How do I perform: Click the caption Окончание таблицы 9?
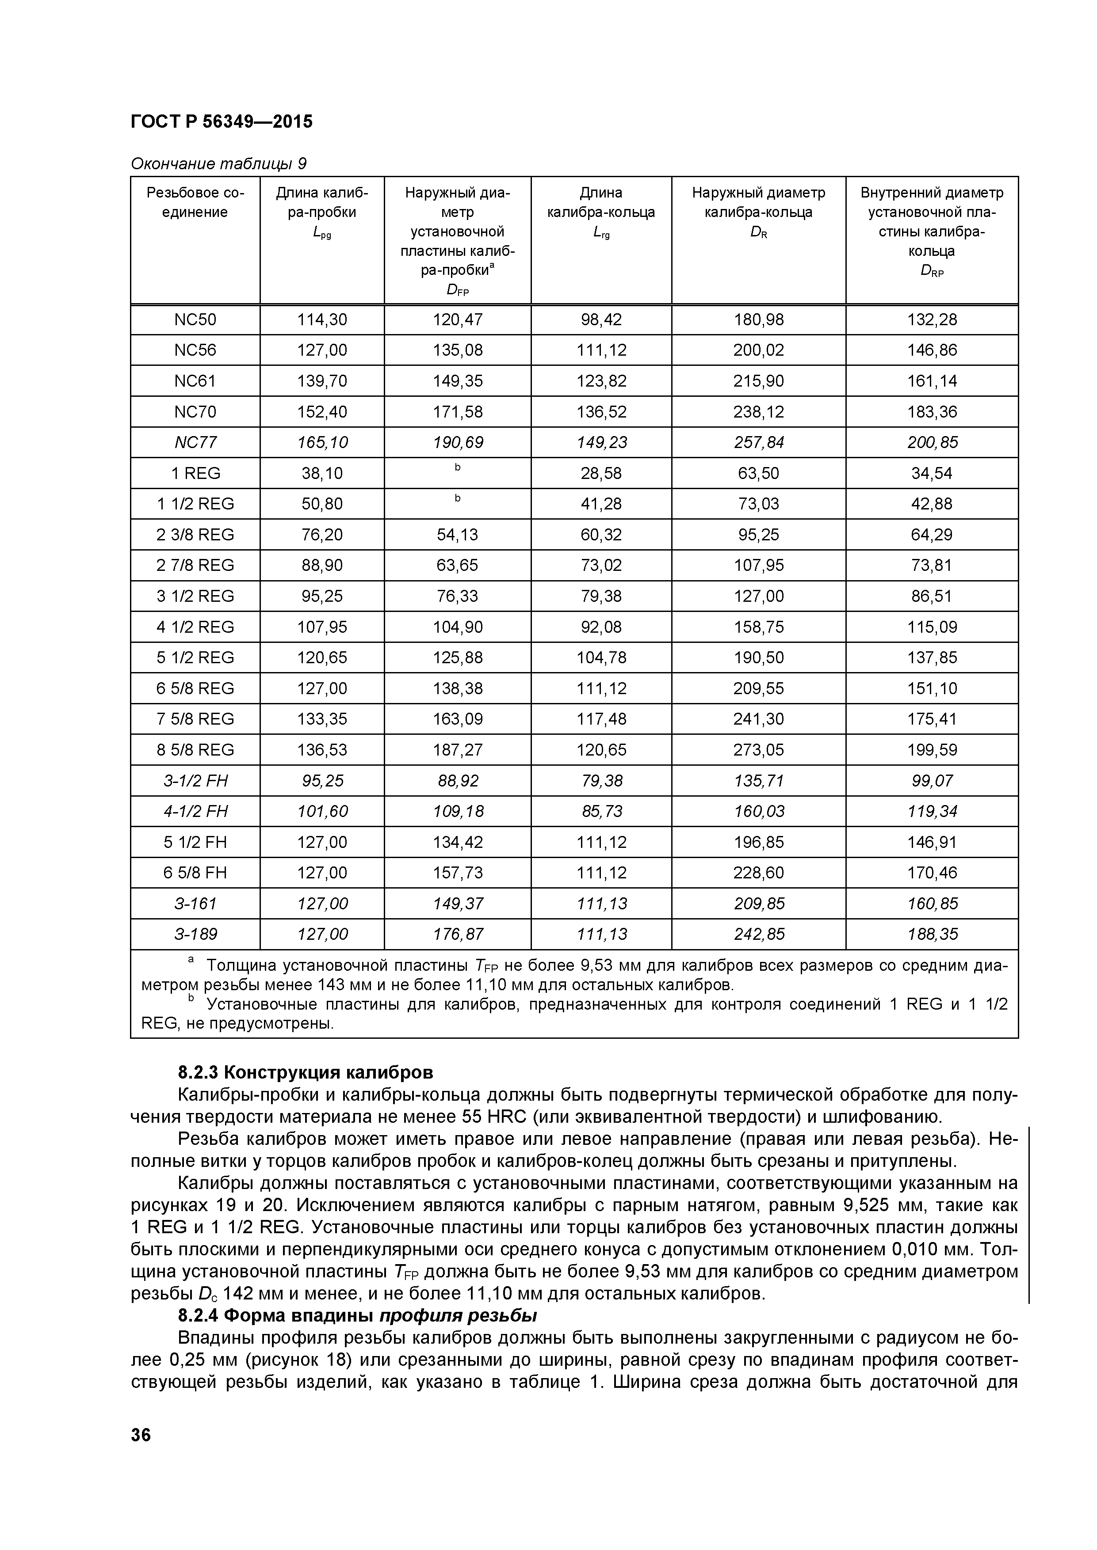point(218,163)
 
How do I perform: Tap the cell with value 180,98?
point(759,319)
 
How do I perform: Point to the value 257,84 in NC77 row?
point(759,442)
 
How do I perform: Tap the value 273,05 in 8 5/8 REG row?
point(759,750)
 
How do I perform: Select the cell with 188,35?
point(932,935)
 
